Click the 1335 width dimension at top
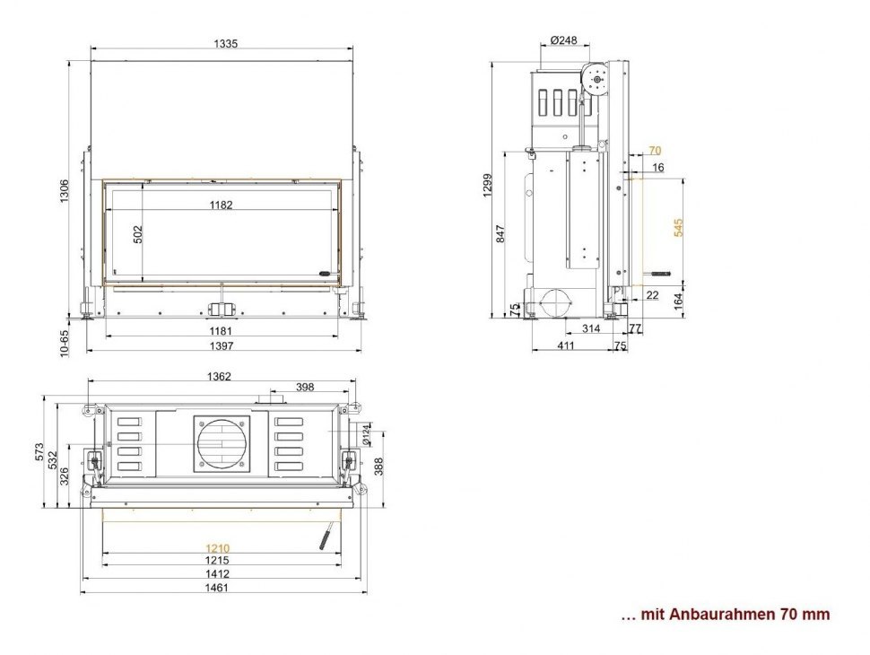coord(225,44)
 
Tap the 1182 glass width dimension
coord(221,205)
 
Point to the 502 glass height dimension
coord(138,235)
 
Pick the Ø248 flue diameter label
coord(563,40)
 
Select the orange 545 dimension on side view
coord(679,227)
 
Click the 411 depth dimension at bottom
coord(566,345)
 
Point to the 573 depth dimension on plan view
coord(39,452)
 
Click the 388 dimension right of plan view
coord(379,467)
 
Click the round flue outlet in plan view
coord(219,442)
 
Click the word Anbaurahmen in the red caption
coord(735,615)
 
